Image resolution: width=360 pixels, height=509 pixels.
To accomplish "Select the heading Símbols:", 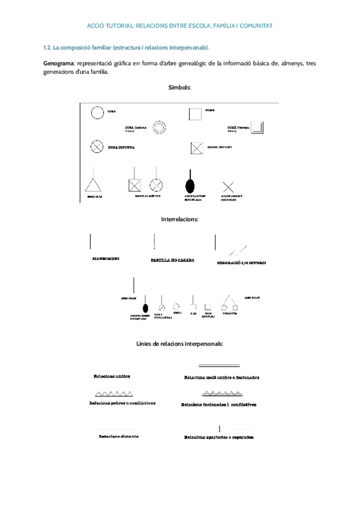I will [180, 88].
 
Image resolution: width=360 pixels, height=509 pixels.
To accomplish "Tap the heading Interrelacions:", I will [180, 220].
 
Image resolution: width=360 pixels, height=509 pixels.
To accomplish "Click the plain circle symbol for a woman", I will [95, 112].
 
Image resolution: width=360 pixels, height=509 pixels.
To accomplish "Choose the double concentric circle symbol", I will [160, 127].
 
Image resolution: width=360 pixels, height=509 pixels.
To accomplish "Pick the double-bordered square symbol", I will [257, 127].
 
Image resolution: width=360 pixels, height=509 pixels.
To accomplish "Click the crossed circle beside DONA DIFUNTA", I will [95, 146].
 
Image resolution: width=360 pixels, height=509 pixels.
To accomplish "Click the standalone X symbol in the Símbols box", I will [228, 187].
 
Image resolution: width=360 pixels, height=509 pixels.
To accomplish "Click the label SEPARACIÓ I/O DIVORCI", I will [241, 263].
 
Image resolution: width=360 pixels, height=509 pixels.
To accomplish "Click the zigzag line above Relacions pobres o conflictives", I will [113, 394].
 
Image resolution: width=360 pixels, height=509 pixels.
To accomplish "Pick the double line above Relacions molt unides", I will [218, 365].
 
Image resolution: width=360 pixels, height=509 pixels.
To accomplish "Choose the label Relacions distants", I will [119, 436].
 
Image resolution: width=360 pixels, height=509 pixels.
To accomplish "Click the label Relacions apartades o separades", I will [218, 437].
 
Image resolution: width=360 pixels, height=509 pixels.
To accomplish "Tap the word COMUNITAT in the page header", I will [254, 26].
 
